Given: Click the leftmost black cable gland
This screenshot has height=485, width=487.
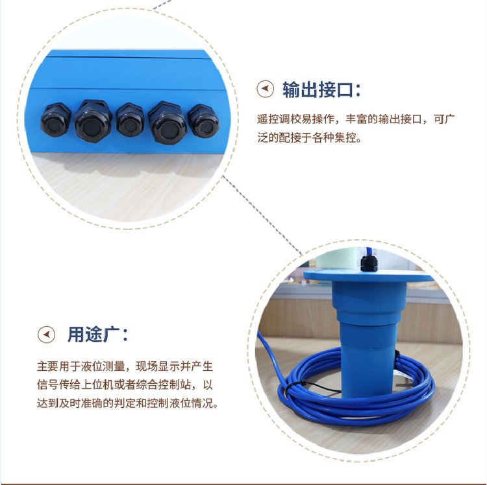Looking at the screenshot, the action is (56, 120).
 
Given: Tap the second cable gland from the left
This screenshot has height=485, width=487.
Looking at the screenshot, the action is (93, 121).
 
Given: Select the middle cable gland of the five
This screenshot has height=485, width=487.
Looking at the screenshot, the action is (130, 120).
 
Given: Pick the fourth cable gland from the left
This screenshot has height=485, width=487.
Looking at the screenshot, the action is (168, 123).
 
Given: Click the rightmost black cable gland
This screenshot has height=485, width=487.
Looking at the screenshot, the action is (203, 121).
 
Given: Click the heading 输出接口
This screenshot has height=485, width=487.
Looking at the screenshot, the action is (318, 89).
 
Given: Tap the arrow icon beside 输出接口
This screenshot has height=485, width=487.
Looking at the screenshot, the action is (265, 89).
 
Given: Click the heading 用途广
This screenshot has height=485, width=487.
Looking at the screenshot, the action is (94, 335).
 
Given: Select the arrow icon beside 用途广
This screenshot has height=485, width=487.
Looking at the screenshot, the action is (46, 335).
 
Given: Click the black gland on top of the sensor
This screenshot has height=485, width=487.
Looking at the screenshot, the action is (369, 263).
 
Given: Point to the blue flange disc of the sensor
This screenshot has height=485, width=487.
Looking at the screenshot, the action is (368, 276).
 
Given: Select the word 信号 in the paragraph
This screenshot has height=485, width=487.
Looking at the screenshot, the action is (47, 385).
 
